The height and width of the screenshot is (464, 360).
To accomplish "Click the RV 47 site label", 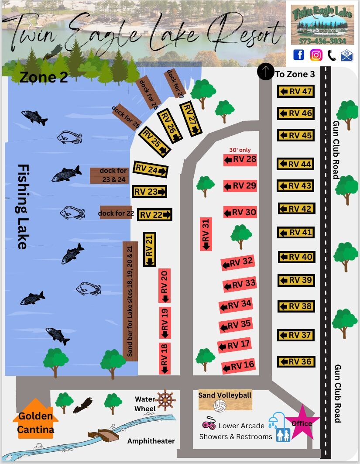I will click(296, 91).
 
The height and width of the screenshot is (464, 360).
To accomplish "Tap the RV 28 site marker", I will click(240, 160).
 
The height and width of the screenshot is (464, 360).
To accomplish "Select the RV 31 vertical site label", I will click(206, 234).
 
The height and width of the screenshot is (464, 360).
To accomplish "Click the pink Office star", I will click(301, 423).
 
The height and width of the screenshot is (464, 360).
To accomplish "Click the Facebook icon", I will click(298, 55).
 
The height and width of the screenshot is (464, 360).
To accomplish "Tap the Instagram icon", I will click(316, 55).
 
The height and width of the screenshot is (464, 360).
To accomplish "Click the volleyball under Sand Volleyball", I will click(219, 406).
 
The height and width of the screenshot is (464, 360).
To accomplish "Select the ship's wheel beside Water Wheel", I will click(165, 400).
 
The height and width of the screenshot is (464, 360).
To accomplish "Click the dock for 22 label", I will click(116, 213).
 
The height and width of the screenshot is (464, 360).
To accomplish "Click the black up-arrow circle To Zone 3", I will click(265, 72).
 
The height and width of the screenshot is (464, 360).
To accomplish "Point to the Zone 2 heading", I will click(44, 77).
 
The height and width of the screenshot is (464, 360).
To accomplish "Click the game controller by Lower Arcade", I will click(209, 425).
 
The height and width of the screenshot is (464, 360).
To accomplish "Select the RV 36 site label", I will click(296, 361).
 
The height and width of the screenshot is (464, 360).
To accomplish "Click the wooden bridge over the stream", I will click(103, 435).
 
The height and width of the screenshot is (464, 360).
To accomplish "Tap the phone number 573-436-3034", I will click(322, 41).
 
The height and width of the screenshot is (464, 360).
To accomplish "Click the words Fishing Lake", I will click(21, 206).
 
